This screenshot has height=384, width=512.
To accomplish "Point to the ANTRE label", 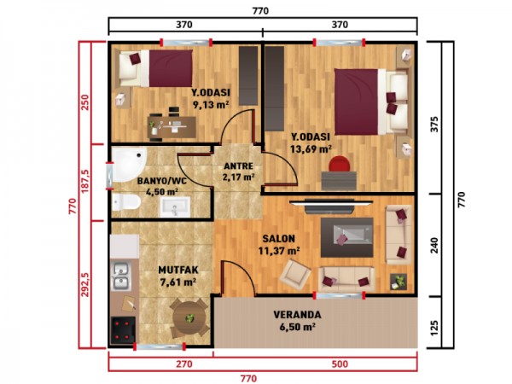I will [236, 166].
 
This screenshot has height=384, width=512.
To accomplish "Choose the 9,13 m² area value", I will [208, 106].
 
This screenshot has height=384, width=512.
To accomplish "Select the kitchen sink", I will [120, 275].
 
